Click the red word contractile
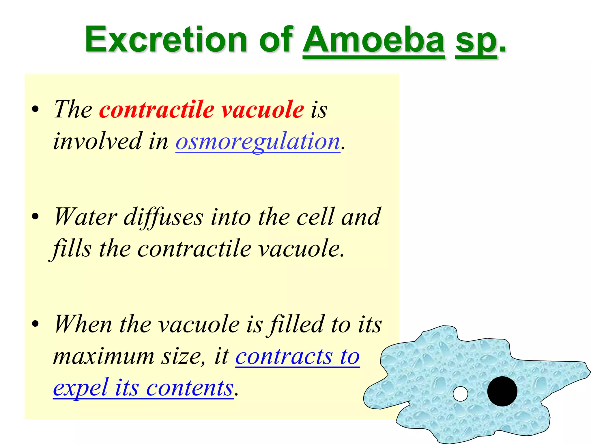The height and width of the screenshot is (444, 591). point(157,110)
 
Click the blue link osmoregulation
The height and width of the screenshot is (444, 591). point(258,141)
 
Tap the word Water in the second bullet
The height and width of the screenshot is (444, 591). point(85,217)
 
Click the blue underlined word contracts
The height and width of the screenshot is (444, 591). point(284,356)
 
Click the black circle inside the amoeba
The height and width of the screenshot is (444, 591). point(502,391)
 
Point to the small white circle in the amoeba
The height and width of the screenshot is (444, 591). point(460,394)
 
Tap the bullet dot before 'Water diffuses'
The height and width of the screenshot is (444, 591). point(35,217)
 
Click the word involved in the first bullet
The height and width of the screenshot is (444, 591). point(98,141)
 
